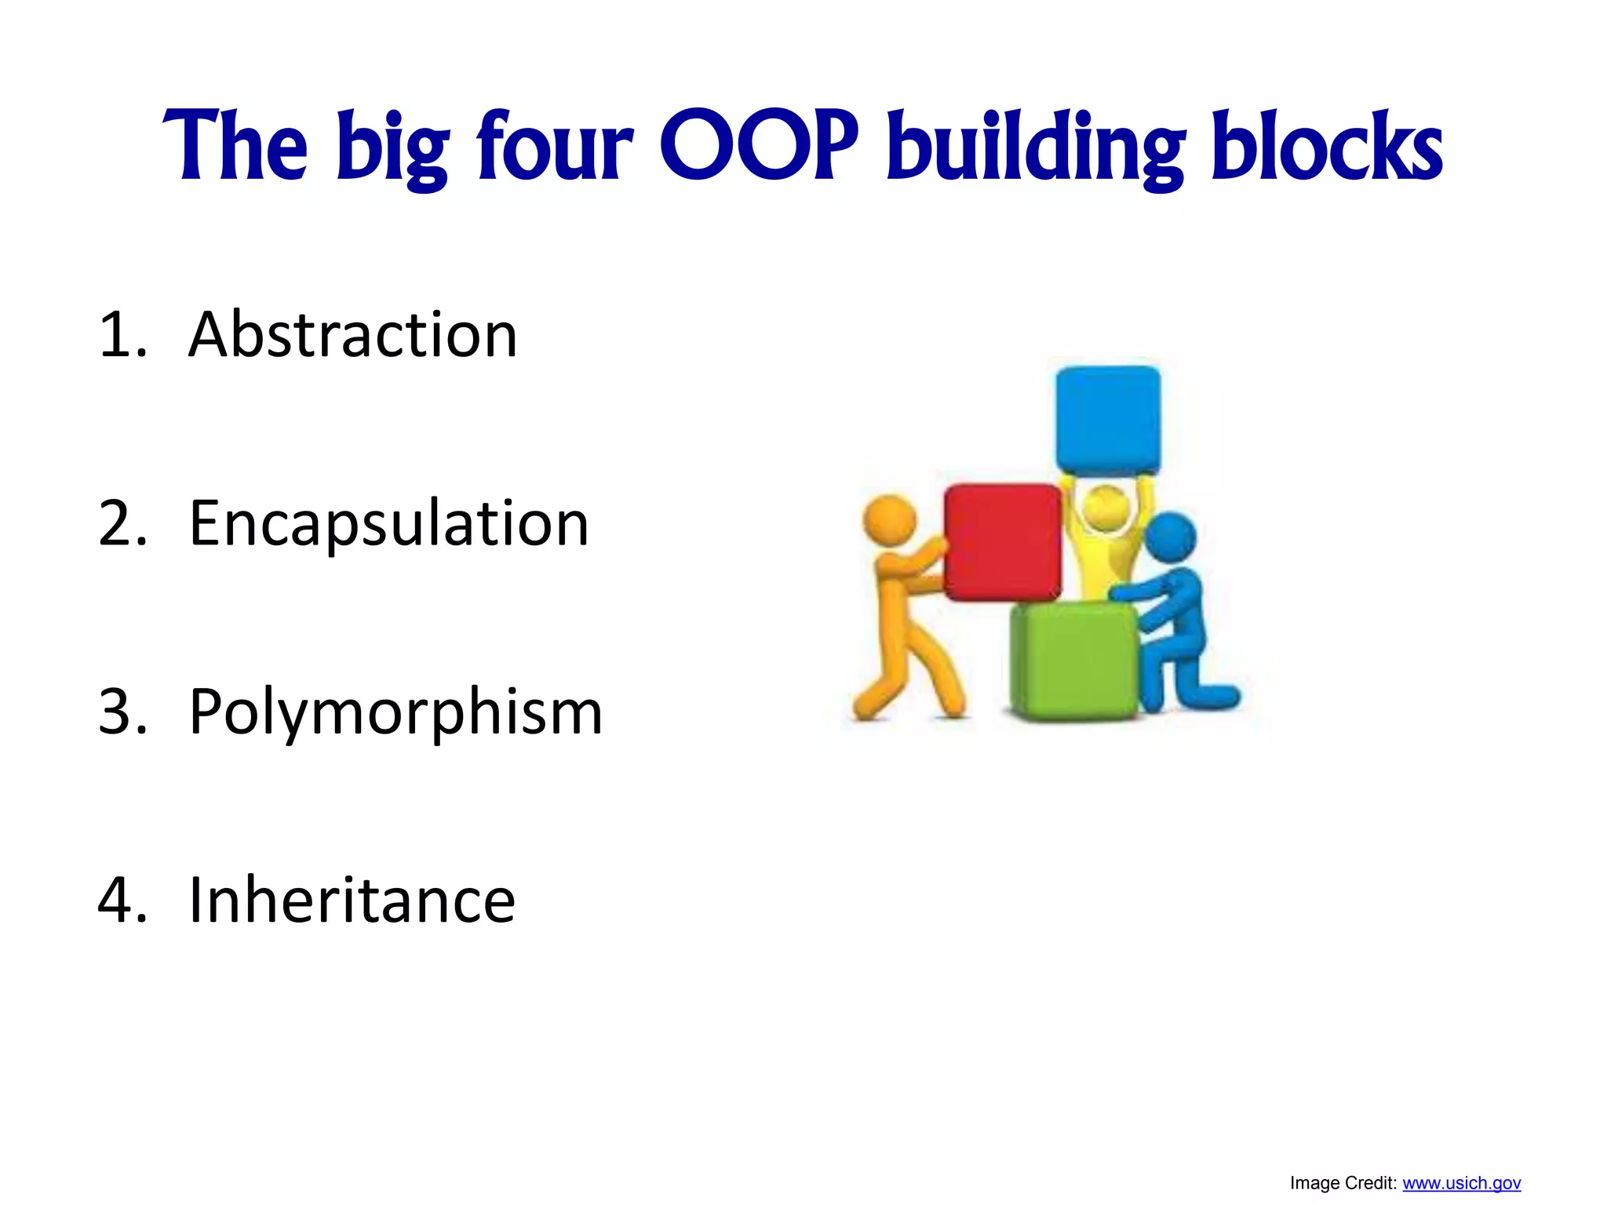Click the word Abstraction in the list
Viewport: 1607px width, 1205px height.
[352, 335]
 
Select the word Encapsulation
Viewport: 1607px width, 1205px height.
[388, 524]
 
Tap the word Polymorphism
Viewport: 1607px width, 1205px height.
[395, 712]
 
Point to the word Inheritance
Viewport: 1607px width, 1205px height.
[352, 900]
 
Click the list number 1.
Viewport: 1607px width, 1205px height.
[122, 335]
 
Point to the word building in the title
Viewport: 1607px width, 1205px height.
[1035, 149]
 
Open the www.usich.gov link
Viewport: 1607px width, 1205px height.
[1461, 1183]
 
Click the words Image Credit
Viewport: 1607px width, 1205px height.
[1343, 1183]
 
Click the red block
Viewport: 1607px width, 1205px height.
[1002, 541]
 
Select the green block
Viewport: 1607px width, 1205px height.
[1073, 661]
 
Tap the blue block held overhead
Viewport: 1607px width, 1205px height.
[1107, 419]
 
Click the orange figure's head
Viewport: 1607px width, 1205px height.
[889, 520]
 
